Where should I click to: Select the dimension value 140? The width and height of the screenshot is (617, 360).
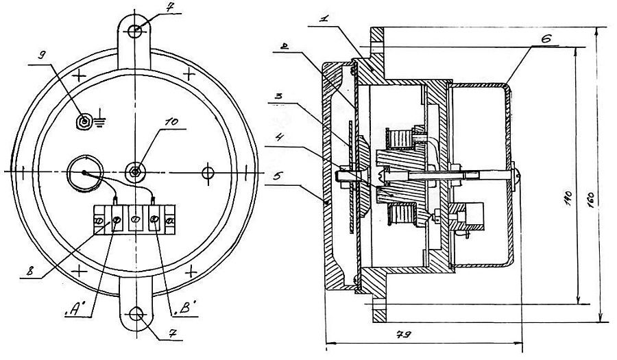click(x=568, y=200)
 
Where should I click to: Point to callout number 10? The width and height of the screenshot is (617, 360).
click(x=171, y=121)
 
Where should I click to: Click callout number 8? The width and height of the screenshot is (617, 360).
click(x=29, y=271)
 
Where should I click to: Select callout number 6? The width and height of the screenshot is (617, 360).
click(x=546, y=38)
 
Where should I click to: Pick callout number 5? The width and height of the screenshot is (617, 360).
click(x=277, y=176)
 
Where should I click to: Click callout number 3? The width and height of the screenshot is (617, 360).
click(x=278, y=96)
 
